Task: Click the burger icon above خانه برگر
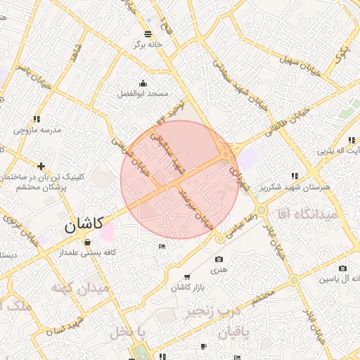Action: [148, 34]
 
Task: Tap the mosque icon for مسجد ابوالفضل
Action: [144, 84]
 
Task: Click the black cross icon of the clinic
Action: [41, 167]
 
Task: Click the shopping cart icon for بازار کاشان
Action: [186, 278]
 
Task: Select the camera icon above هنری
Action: [219, 259]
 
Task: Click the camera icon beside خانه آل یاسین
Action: [342, 269]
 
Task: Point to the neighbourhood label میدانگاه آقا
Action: [308, 212]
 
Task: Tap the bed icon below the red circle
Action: [162, 246]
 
